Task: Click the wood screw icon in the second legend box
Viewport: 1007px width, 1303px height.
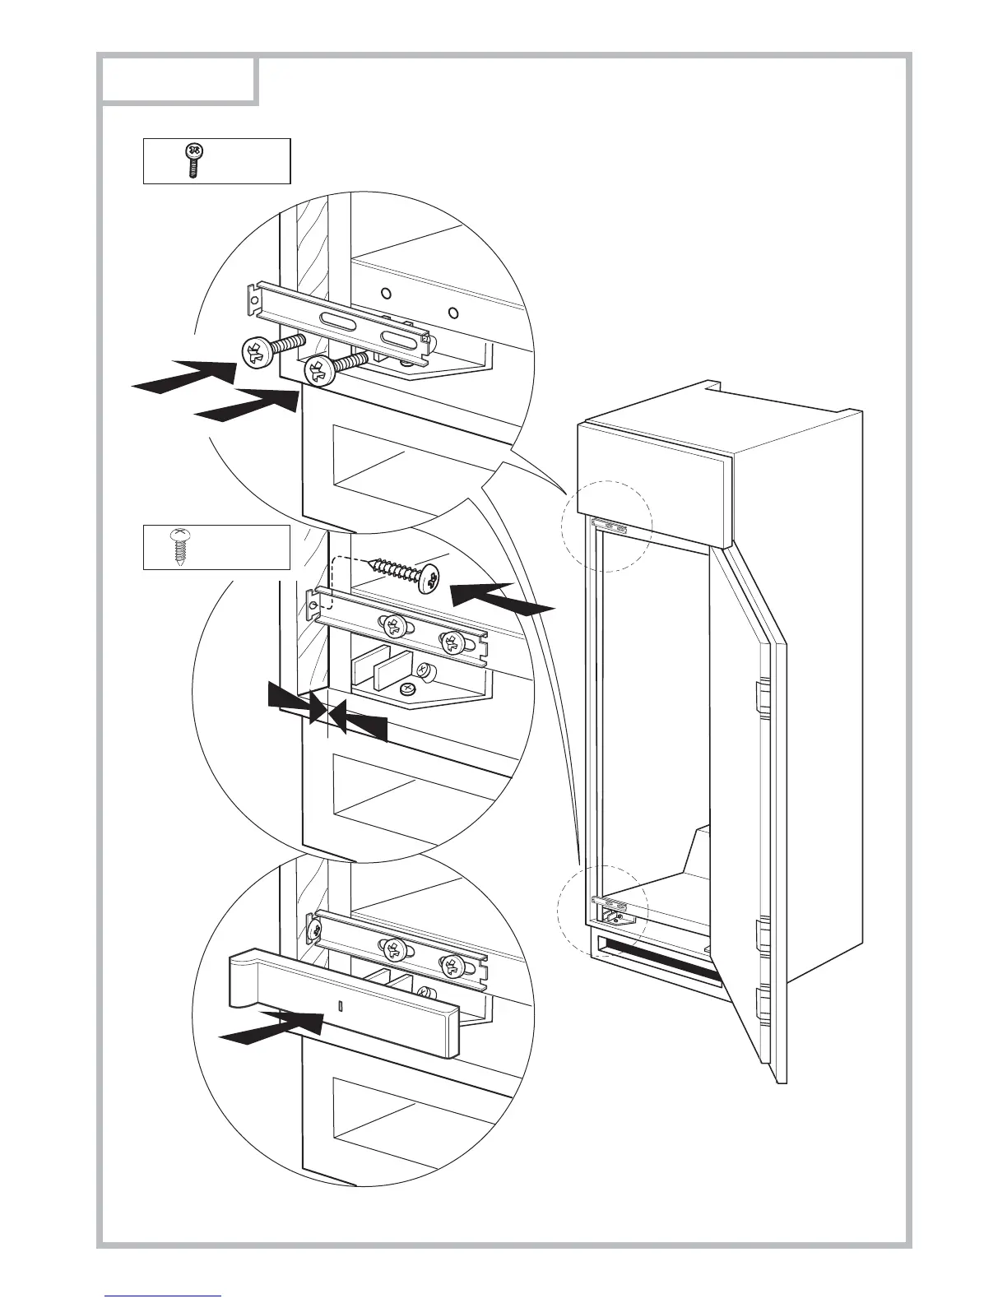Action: click(x=179, y=546)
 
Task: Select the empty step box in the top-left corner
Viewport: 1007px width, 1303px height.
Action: click(x=177, y=81)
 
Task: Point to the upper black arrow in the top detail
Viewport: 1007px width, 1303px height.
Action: click(x=185, y=375)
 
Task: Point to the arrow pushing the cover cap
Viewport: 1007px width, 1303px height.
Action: click(x=271, y=1029)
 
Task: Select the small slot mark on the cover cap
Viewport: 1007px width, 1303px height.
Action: click(x=339, y=1004)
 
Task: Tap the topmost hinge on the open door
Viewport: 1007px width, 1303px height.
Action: click(x=761, y=698)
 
